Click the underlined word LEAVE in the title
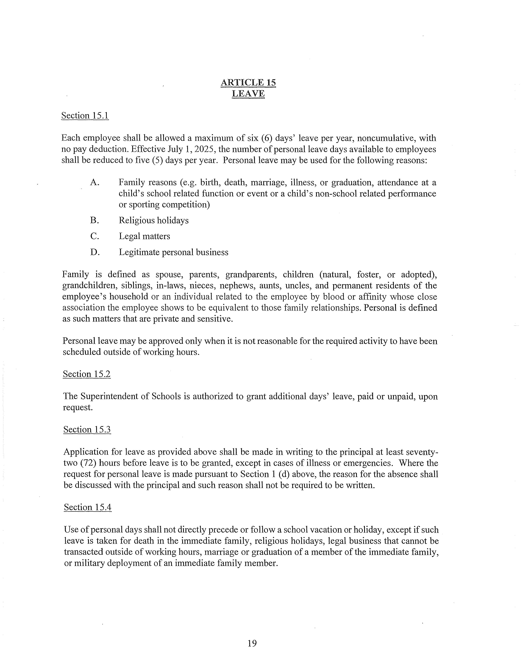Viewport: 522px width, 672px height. click(248, 94)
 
